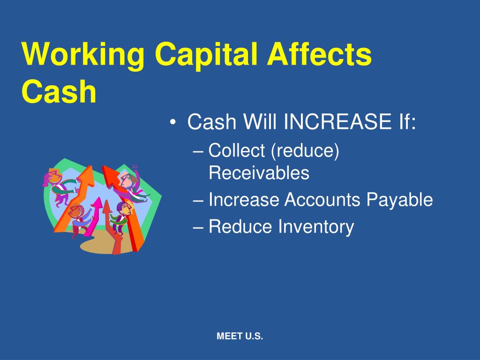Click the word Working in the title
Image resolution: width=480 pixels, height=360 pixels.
click(x=83, y=54)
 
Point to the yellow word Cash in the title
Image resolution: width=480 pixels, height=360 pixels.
click(x=59, y=91)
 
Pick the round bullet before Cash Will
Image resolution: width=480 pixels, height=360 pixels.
click(x=173, y=122)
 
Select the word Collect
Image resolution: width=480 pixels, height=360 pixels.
click(x=237, y=150)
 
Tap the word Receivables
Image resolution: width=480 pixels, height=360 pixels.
click(x=259, y=172)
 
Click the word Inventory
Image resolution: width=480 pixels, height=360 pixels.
click(x=316, y=227)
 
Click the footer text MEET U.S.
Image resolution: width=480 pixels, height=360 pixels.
click(x=240, y=336)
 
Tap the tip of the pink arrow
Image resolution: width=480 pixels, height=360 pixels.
click(x=99, y=198)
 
